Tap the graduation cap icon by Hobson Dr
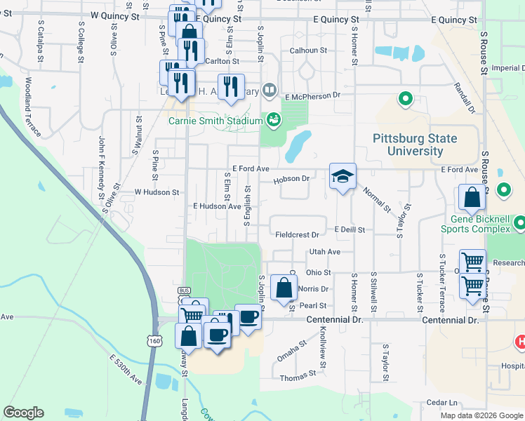(x=343, y=178)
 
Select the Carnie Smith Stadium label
(x=214, y=120)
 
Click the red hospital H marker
(x=520, y=343)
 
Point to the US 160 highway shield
(x=154, y=340)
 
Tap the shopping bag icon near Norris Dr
(x=283, y=288)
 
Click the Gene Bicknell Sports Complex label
(x=475, y=223)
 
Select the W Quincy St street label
(x=117, y=15)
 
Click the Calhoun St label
(x=309, y=51)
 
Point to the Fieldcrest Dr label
(x=297, y=234)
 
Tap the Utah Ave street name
(x=324, y=251)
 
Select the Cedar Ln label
(x=441, y=402)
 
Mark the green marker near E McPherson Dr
(x=404, y=99)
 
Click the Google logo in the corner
(x=23, y=413)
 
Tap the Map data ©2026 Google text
(x=481, y=415)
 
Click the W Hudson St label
(x=157, y=192)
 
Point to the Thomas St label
(x=293, y=377)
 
